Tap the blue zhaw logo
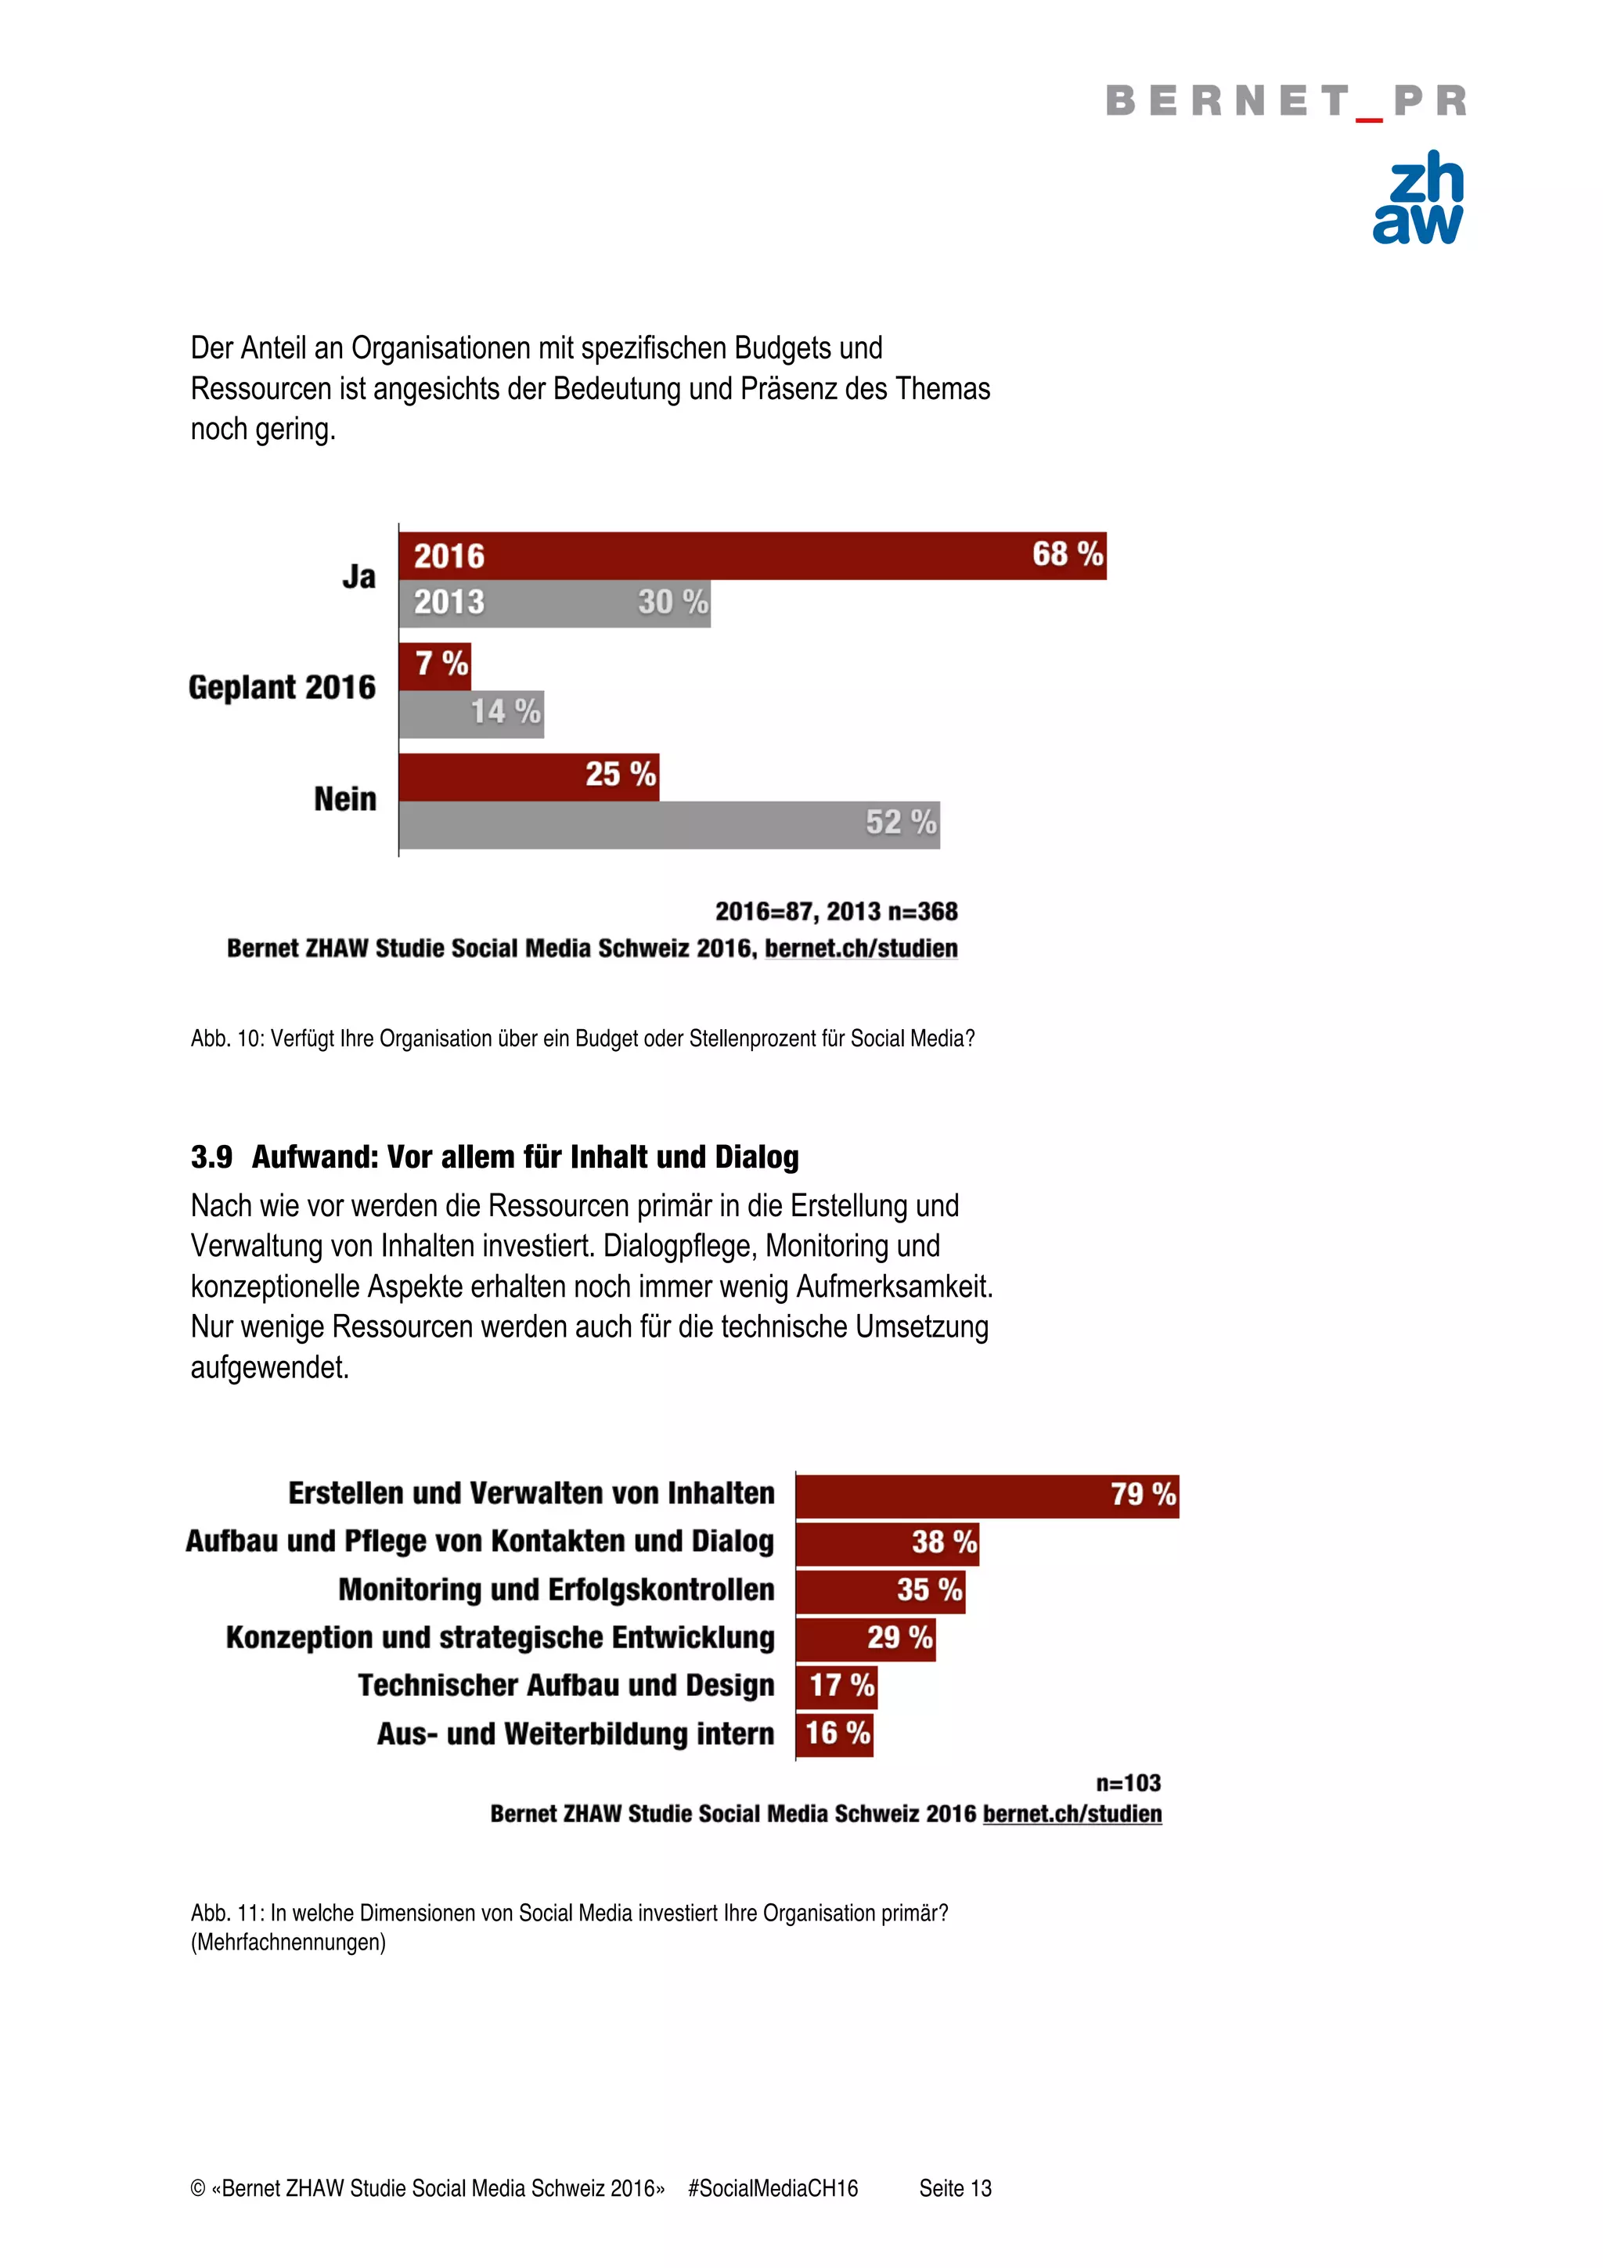click(1418, 197)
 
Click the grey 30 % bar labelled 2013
click(553, 603)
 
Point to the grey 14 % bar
click(471, 713)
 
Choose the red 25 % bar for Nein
click(528, 776)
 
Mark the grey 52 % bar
click(668, 824)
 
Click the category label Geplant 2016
click(282, 687)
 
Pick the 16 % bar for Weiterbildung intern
click(834, 1733)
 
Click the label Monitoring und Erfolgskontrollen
click(556, 1589)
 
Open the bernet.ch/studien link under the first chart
click(860, 949)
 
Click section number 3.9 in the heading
click(211, 1157)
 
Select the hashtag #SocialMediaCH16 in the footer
click(773, 2188)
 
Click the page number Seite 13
click(954, 2188)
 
